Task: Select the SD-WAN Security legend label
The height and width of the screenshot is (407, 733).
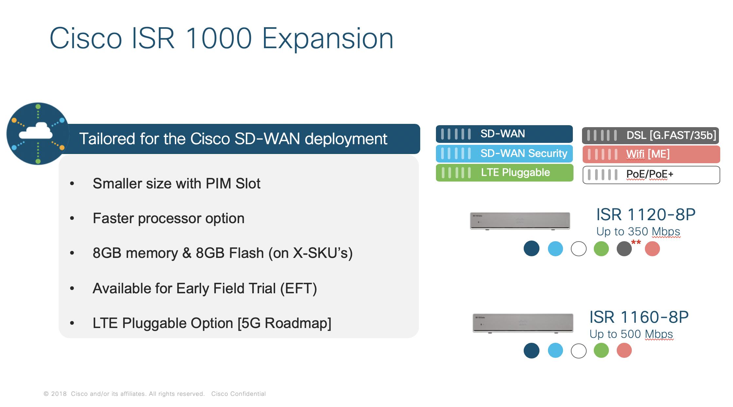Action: [523, 153]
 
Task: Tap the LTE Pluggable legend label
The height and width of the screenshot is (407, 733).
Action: [515, 172]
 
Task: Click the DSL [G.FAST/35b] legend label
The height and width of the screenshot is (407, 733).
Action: [671, 135]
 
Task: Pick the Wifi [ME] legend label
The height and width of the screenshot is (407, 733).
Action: [648, 154]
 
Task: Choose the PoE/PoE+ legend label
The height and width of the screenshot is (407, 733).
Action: [649, 174]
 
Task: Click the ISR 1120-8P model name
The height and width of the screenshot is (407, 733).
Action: [646, 215]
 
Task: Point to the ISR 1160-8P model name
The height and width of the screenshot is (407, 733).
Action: [639, 317]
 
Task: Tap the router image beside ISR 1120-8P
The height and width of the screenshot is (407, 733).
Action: [520, 221]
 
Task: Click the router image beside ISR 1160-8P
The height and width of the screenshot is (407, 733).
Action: [523, 323]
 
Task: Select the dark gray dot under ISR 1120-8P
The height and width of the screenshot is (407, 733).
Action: [624, 249]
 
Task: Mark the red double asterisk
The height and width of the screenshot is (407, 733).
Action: [636, 242]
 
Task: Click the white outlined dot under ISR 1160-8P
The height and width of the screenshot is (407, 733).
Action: [578, 351]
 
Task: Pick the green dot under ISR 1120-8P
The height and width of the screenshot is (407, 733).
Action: [601, 249]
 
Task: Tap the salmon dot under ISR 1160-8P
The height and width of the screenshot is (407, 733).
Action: [624, 351]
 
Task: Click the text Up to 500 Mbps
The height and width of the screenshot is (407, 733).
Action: [631, 334]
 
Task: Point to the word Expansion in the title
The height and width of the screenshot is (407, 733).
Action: [328, 39]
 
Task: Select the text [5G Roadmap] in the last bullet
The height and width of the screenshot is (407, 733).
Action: [284, 323]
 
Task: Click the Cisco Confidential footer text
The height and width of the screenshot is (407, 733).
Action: [238, 394]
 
